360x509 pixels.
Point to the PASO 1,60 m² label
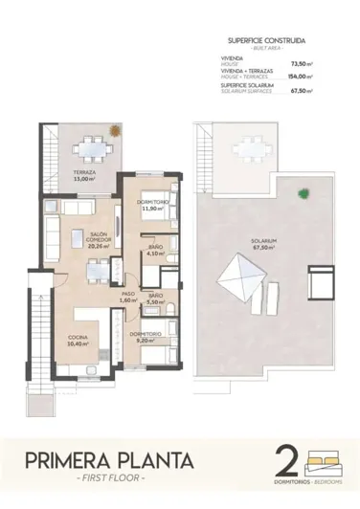(128, 297)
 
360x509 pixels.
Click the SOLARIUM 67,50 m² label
(264, 243)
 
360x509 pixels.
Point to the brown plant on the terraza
(114, 129)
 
